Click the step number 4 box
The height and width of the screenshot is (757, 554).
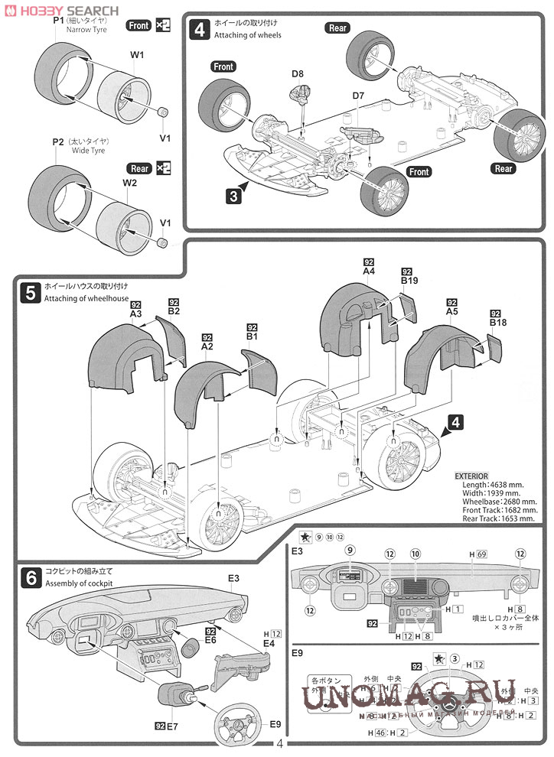click(x=199, y=31)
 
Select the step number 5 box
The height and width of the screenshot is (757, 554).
click(x=30, y=291)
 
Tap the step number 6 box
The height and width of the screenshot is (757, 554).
click(x=30, y=578)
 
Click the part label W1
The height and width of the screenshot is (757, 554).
click(x=138, y=55)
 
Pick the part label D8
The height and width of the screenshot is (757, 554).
click(x=297, y=74)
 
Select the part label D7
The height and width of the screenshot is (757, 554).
click(x=358, y=96)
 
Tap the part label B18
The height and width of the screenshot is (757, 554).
click(x=498, y=323)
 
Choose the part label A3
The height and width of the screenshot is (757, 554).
click(x=136, y=314)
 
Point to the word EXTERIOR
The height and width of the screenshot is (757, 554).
click(x=471, y=476)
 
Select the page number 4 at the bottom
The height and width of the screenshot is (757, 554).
click(x=280, y=744)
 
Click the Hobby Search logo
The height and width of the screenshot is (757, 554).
click(x=61, y=11)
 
